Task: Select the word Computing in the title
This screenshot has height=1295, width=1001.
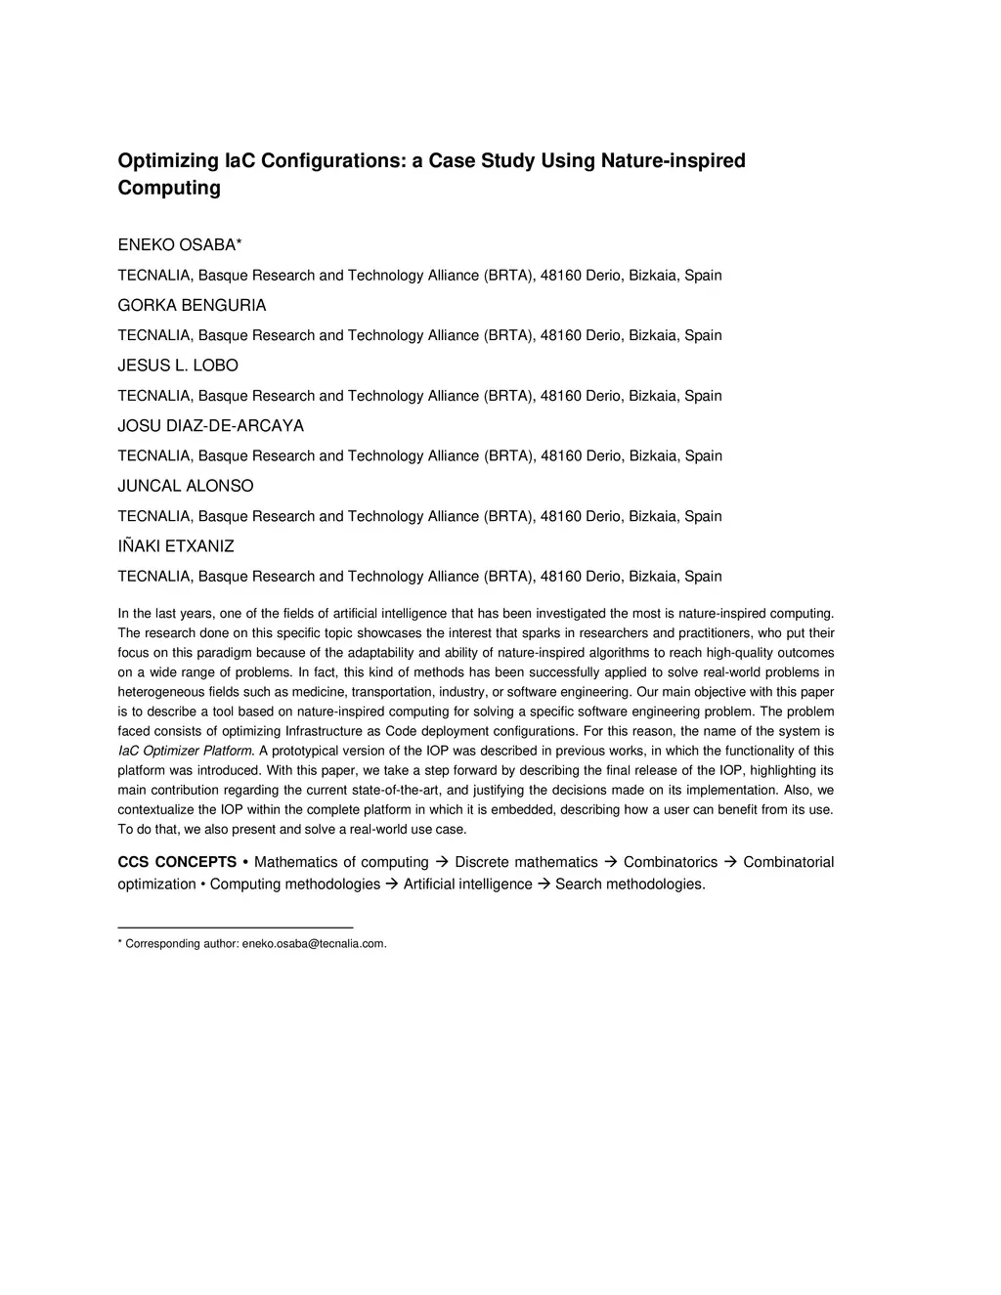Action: coord(169,188)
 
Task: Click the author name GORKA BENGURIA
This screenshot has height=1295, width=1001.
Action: coord(192,305)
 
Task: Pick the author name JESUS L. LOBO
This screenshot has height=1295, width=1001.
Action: coord(178,366)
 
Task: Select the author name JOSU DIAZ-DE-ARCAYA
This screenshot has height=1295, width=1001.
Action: coord(210,426)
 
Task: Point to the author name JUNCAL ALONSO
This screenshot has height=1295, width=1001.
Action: coord(186,486)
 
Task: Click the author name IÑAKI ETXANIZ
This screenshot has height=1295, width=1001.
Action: coord(176,546)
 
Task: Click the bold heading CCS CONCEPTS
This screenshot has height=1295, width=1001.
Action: coord(177,862)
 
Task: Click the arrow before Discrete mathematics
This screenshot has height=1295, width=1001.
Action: coord(441,862)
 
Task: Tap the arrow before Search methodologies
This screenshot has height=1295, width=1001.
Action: coord(544,885)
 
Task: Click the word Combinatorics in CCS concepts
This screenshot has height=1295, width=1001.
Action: coord(671,862)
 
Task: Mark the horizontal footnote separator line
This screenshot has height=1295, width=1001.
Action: coord(235,927)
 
